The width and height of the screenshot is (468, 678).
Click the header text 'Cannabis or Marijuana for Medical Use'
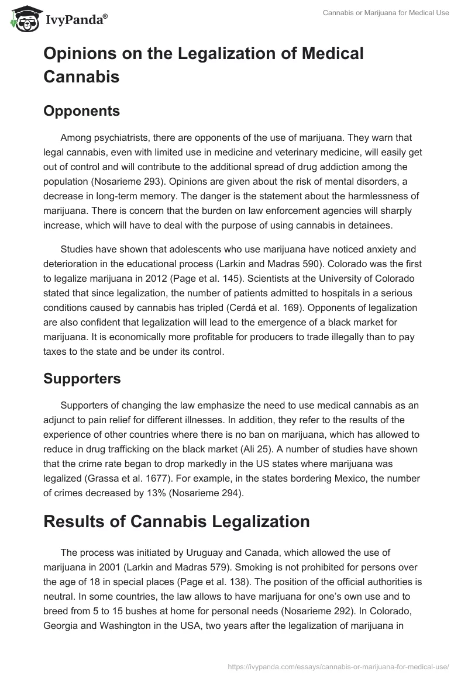(386, 13)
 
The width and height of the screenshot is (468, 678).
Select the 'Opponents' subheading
(81, 111)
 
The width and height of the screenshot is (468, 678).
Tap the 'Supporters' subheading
(82, 379)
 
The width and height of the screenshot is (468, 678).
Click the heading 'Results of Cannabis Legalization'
(177, 521)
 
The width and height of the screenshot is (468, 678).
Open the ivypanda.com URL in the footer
(337, 665)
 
